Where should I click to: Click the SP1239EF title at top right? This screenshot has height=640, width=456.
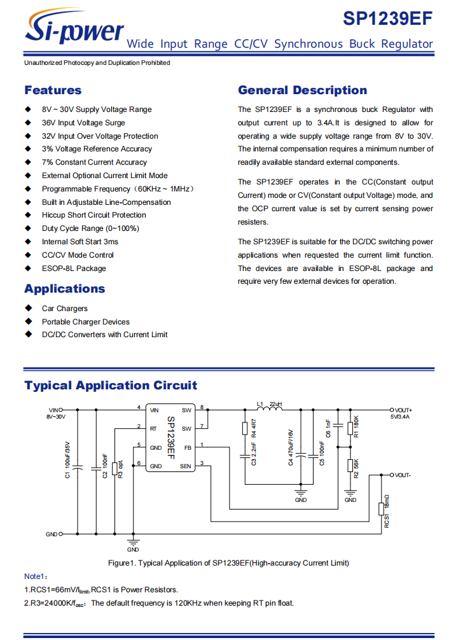(388, 18)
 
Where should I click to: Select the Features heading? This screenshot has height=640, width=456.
(53, 90)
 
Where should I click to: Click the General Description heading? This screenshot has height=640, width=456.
(302, 90)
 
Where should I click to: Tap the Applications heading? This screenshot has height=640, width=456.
(65, 289)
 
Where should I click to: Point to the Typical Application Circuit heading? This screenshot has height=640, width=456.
(111, 385)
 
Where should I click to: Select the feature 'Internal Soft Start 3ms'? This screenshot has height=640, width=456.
(80, 242)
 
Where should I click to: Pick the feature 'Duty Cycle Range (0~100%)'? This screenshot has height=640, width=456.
(90, 228)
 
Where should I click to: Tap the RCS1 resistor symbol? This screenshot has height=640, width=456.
(381, 508)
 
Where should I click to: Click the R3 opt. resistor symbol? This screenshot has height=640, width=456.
(114, 469)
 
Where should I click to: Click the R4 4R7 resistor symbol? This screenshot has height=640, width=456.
(245, 429)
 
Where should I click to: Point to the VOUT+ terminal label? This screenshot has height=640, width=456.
(403, 410)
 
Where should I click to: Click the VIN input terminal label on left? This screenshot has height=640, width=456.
(54, 410)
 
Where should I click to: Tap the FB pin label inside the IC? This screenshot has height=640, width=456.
(187, 447)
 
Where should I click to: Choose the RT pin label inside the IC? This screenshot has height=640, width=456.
(153, 428)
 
